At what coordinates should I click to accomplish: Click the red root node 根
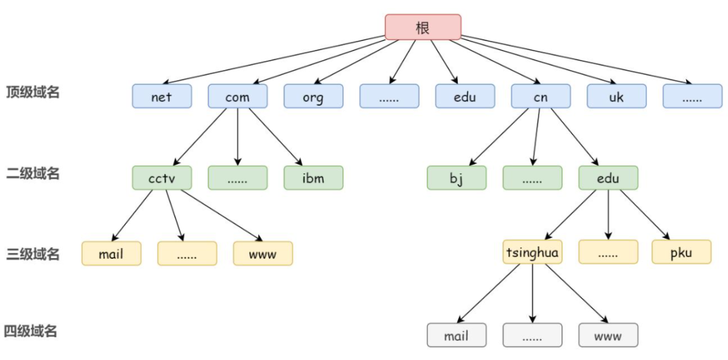click(x=423, y=27)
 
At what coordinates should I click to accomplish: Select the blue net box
click(x=162, y=96)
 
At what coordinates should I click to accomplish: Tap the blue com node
click(x=237, y=96)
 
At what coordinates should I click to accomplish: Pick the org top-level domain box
click(x=313, y=96)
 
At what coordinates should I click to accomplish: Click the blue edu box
click(x=464, y=96)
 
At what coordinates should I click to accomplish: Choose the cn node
click(x=541, y=96)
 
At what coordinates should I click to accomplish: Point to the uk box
click(x=616, y=96)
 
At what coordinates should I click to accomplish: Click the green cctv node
click(x=162, y=177)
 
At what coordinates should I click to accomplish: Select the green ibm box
click(x=313, y=177)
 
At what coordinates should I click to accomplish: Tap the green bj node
click(x=456, y=177)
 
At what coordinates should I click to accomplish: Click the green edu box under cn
click(x=608, y=177)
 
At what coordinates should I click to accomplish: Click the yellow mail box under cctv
click(x=111, y=253)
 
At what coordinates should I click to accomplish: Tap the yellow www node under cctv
click(x=263, y=253)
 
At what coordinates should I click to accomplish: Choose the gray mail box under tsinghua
click(x=456, y=335)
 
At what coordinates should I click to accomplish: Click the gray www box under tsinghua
click(x=608, y=335)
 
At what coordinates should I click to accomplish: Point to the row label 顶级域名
click(x=33, y=92)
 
